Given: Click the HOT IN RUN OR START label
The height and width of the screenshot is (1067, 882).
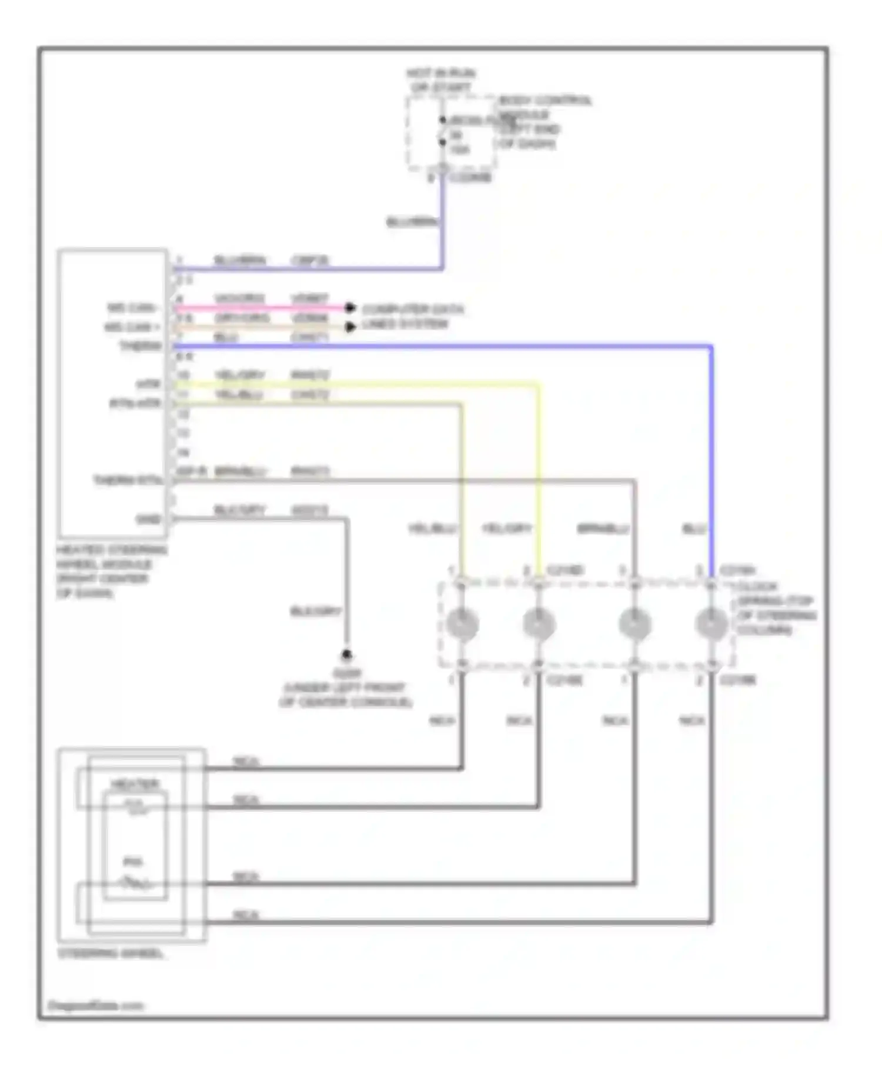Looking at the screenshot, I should pyautogui.click(x=440, y=81).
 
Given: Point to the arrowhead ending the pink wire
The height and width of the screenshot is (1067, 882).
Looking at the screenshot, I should pyautogui.click(x=350, y=308).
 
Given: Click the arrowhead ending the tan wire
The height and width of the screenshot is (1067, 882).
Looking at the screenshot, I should pyautogui.click(x=350, y=327).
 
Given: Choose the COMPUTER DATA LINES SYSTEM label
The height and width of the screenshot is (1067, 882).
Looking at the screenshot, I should pyautogui.click(x=412, y=316).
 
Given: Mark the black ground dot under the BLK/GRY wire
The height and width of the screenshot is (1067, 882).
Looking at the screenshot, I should pyautogui.click(x=347, y=655).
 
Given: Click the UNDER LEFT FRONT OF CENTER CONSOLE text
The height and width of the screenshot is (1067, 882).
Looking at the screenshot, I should pyautogui.click(x=346, y=695).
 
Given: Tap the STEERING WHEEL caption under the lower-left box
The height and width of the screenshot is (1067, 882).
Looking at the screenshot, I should pyautogui.click(x=111, y=953).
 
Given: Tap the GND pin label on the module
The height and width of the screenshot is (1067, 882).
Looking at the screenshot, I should pyautogui.click(x=148, y=519).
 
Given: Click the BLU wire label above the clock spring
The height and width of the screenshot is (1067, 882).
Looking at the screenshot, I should pyautogui.click(x=694, y=529).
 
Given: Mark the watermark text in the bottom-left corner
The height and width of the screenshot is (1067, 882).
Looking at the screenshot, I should pyautogui.click(x=95, y=1005).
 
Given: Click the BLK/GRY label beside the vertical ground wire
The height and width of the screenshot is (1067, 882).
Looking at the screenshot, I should pyautogui.click(x=316, y=612).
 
